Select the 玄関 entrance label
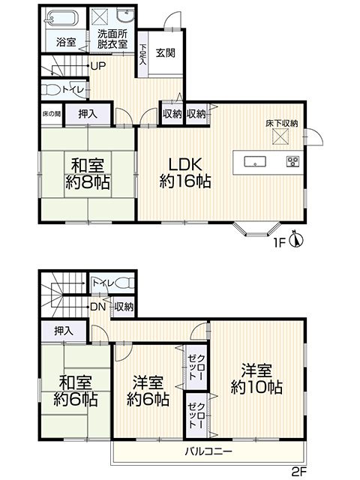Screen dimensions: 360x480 click(165, 52)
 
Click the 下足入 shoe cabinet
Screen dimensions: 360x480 click(142, 54)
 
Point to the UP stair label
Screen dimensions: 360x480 click(98, 66)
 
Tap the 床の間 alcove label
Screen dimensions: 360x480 click(52, 114)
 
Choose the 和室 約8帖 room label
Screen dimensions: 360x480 click(87, 173)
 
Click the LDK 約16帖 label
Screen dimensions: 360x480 click(185, 173)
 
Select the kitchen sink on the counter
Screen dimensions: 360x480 click(255, 161)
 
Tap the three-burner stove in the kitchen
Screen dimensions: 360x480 click(293, 161)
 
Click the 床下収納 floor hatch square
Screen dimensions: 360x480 click(280, 136)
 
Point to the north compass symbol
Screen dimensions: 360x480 click(296, 238)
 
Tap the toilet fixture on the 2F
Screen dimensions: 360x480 click(125, 283)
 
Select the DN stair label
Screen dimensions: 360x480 click(98, 307)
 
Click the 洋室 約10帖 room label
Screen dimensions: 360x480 click(256, 379)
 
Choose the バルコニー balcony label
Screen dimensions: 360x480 click(208, 451)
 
